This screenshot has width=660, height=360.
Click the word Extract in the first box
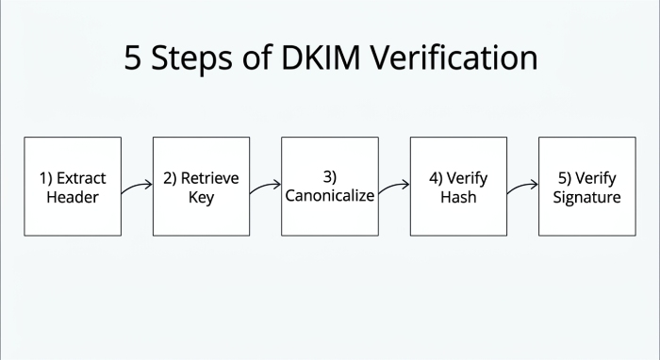[81, 178]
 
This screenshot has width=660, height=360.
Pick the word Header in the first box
[72, 197]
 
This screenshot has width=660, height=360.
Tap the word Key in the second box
[201, 197]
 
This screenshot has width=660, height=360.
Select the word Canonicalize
[330, 196]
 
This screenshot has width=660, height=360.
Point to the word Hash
[458, 197]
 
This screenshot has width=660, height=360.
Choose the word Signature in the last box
[586, 197]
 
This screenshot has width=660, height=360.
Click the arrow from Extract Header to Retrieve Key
[137, 187]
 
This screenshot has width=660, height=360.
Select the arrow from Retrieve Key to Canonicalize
[265, 187]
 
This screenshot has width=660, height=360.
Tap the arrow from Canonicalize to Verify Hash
[393, 187]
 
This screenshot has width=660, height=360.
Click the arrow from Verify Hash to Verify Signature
[521, 187]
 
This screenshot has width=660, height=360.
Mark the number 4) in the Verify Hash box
[437, 178]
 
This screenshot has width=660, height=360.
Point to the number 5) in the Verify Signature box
[565, 178]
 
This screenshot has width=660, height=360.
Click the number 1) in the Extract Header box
[46, 178]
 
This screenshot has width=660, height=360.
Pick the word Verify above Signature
[596, 178]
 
